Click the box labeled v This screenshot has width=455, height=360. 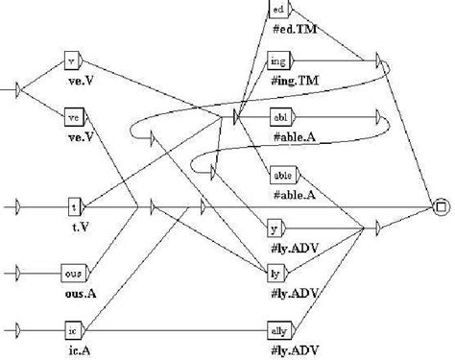[x=70, y=63]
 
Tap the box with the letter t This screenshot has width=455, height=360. [x=73, y=206]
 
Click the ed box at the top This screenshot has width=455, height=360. [x=277, y=10]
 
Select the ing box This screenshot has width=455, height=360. [x=278, y=61]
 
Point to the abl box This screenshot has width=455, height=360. [x=281, y=116]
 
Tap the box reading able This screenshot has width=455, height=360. [x=283, y=177]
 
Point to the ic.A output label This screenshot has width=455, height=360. [x=73, y=348]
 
